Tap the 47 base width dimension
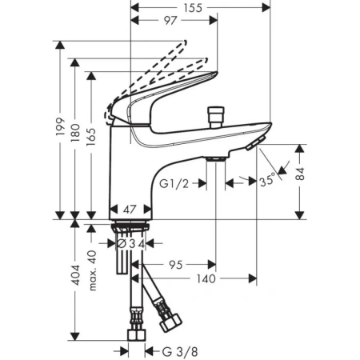tap(130, 207)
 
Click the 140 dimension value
tap(206, 280)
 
